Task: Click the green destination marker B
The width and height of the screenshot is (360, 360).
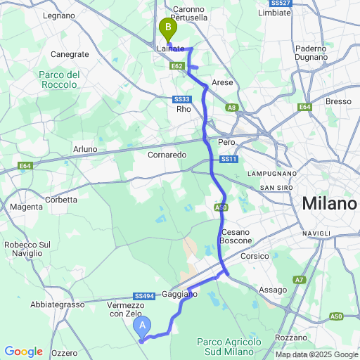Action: pos(168,29)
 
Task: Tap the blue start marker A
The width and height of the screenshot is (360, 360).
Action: pos(143,326)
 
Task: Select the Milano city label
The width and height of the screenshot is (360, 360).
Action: pos(329,204)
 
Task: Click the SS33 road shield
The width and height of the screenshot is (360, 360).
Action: pos(183,99)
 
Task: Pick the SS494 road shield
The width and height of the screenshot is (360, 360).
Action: pos(142,297)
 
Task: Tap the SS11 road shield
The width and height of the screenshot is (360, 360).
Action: pos(229,160)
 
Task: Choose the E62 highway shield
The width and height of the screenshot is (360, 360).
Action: pos(176,66)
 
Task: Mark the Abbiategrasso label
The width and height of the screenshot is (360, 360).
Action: pos(57,304)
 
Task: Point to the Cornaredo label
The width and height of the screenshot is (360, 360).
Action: pos(167,154)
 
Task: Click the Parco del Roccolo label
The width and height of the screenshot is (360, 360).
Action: pos(58,79)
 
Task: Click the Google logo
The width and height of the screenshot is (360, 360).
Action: pos(23,352)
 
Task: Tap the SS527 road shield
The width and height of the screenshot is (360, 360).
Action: pos(280,4)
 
